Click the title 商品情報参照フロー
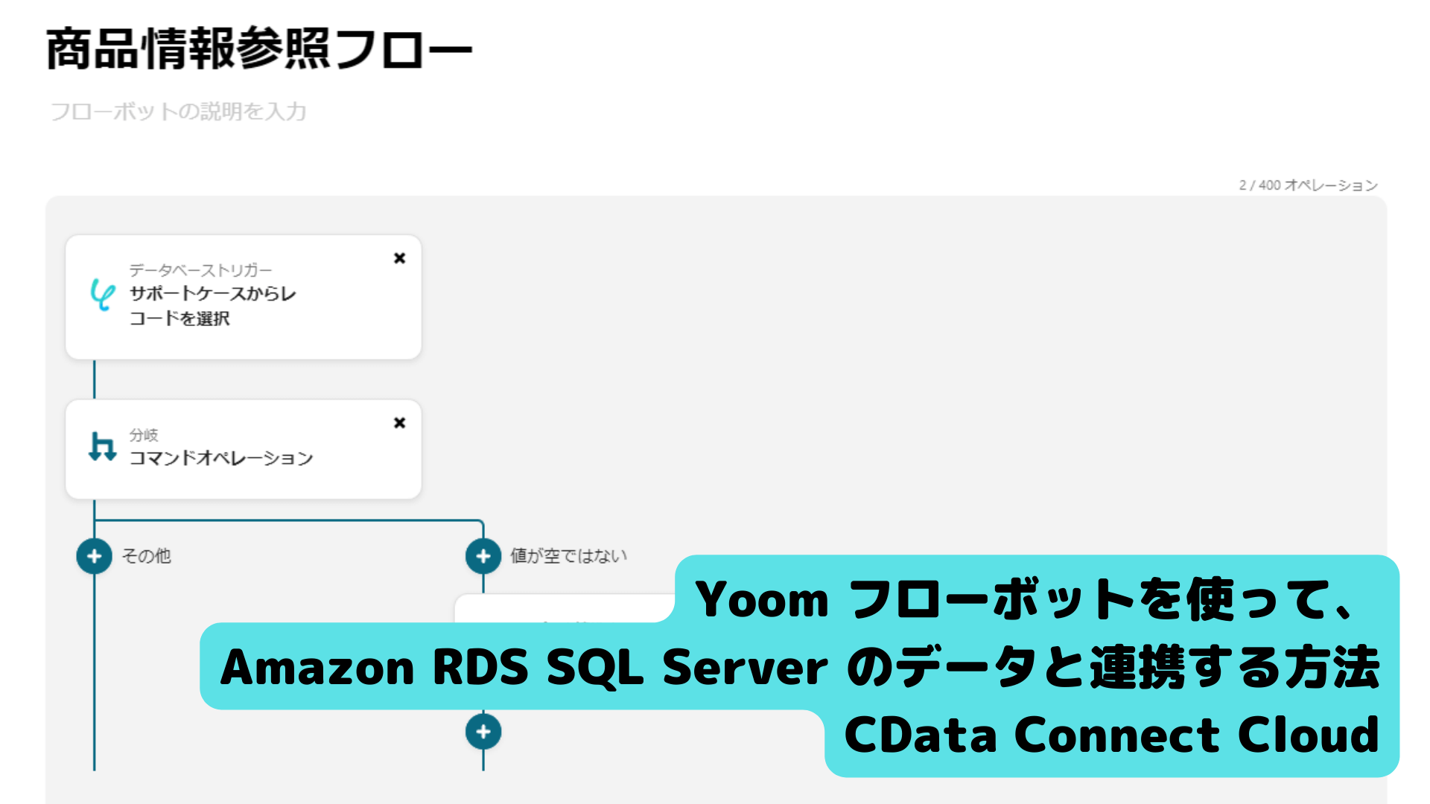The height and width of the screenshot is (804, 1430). click(258, 49)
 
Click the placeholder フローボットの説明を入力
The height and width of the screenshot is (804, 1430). click(178, 112)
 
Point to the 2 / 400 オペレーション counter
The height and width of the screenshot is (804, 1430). click(1308, 185)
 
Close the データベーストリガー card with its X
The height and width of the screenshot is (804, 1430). click(400, 258)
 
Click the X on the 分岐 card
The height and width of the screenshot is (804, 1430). click(400, 423)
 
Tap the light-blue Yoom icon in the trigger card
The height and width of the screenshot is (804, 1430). click(102, 294)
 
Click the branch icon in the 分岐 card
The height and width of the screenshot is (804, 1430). click(102, 447)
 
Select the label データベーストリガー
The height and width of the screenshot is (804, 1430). click(200, 269)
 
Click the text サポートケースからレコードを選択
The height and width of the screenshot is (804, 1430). click(212, 306)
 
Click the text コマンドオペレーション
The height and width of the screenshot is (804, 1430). click(221, 458)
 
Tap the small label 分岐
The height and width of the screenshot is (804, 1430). click(144, 435)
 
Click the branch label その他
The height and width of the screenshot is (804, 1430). click(146, 556)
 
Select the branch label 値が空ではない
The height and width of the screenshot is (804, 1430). click(568, 556)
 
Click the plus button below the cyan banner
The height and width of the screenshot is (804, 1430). click(483, 732)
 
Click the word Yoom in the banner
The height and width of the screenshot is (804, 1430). click(761, 599)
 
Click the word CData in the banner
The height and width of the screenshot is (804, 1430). click(921, 735)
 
